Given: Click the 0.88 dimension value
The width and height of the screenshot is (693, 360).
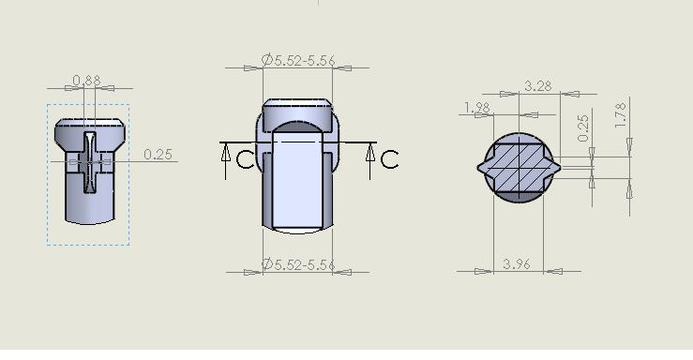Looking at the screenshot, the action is coord(86,81).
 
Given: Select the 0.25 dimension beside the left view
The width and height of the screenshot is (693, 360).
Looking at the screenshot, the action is coord(158,155).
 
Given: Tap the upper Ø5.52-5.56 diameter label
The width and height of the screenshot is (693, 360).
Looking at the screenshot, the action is coord(298,60).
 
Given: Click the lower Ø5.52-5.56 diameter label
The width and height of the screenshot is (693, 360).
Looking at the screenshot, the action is coord(298,264).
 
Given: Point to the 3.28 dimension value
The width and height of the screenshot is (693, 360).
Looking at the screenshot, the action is coord(538,86).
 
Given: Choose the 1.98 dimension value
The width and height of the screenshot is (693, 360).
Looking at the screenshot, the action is coord(477,107).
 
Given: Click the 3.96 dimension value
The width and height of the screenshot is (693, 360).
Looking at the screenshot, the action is coord(516,264).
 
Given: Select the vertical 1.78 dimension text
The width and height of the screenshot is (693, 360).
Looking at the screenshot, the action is coord(621,115).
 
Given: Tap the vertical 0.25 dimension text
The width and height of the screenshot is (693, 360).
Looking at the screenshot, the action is coord(583,128).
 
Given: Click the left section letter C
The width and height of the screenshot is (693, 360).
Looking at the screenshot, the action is coord(246,159).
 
